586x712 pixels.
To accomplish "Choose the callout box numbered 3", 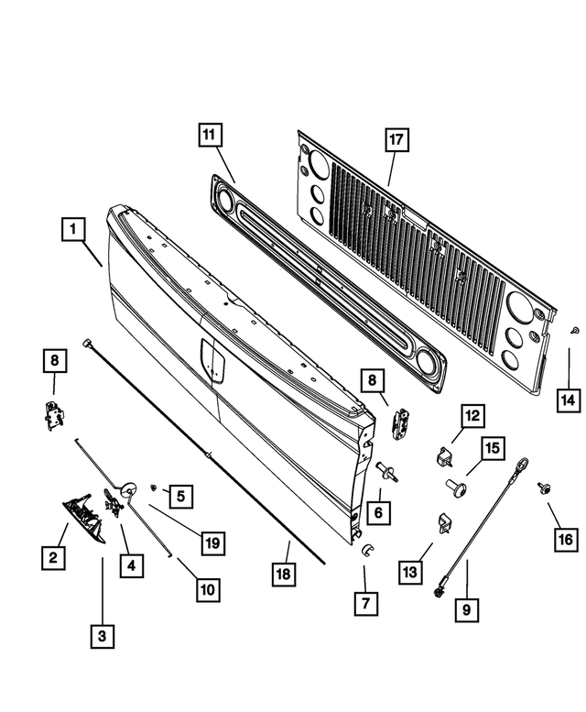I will click(103, 633).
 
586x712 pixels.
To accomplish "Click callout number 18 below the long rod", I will click(286, 575).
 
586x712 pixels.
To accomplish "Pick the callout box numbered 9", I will click(467, 606).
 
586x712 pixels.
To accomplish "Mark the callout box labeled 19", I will click(212, 542).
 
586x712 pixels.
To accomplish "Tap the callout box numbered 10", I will click(208, 590).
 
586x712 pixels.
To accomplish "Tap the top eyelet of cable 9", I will click(522, 465).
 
